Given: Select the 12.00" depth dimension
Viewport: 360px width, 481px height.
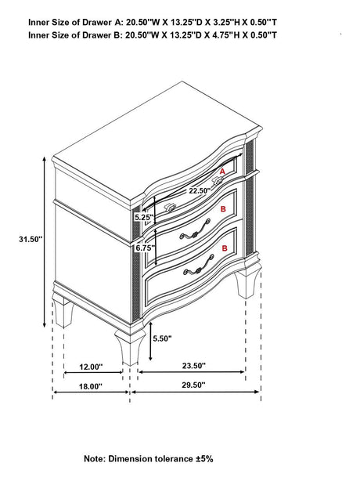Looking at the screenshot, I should pos(91,367).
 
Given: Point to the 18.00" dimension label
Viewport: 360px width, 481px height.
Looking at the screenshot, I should pos(91,386).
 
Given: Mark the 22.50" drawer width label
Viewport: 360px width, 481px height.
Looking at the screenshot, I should pos(198,190).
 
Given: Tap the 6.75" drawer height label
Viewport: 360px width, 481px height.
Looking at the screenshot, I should pos(143,247).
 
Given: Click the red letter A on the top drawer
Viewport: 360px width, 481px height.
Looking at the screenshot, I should pos(222,170).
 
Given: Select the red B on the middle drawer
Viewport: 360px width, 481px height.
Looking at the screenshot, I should pos(224,210).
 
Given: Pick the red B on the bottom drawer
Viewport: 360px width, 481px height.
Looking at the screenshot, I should pos(225,248).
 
